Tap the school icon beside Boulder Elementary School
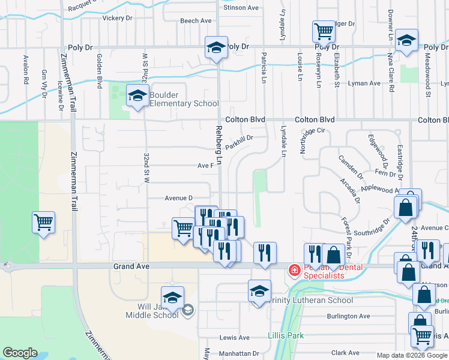[x=137, y=96]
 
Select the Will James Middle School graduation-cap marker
[x=172, y=298]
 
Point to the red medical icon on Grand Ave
[x=295, y=271]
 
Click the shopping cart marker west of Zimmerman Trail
[x=44, y=223]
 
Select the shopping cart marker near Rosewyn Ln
[x=324, y=31]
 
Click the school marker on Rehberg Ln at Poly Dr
[x=216, y=47]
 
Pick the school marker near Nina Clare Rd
[x=406, y=40]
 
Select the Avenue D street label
[x=178, y=198]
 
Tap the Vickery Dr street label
[x=117, y=18]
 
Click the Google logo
[x=20, y=353]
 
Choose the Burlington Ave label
[x=348, y=316]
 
